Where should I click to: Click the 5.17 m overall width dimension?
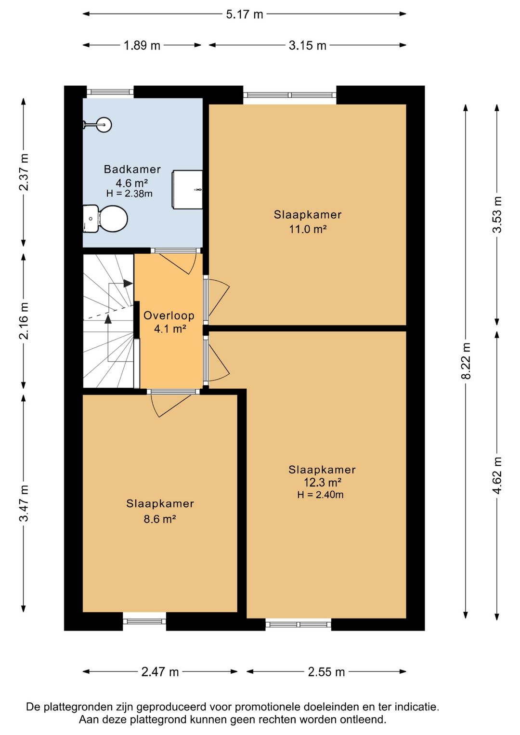tap(245, 14)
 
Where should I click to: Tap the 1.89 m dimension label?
tap(142, 45)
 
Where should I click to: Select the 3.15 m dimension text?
tap(307, 45)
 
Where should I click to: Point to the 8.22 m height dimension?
tap(466, 361)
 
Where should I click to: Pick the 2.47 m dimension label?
tap(160, 672)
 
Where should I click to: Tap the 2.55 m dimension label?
tap(326, 672)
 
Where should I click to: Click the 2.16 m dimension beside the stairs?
tap(24, 320)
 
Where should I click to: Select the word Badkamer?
tap(132, 170)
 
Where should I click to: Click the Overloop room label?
tap(169, 315)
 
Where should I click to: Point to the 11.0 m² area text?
tap(307, 229)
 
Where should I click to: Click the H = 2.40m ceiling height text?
tap(320, 495)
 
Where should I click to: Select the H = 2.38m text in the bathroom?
tap(129, 194)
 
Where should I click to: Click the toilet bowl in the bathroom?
tap(113, 219)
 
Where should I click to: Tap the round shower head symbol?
tap(104, 125)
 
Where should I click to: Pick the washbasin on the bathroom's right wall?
tap(187, 190)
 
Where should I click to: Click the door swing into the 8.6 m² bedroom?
tap(170, 406)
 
